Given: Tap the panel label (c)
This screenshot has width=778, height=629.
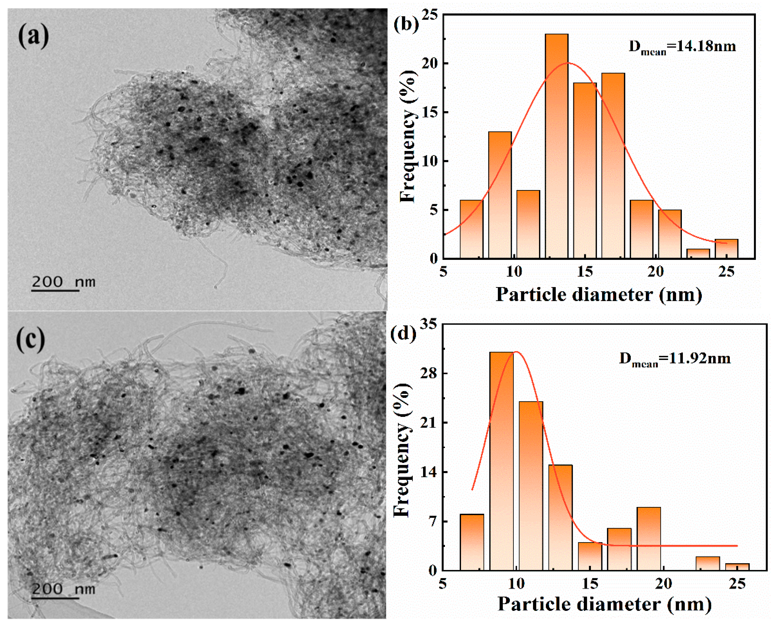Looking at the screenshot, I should pyautogui.click(x=31, y=340).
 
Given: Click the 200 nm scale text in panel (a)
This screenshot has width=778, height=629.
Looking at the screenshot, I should pyautogui.click(x=63, y=281).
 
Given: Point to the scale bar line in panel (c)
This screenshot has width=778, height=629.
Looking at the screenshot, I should pyautogui.click(x=55, y=598).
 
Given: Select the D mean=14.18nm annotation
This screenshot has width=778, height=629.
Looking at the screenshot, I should pyautogui.click(x=682, y=47).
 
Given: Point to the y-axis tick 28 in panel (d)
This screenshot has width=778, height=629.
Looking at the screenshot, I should pyautogui.click(x=428, y=373).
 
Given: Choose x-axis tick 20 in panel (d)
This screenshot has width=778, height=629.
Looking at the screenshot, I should pyautogui.click(x=663, y=583).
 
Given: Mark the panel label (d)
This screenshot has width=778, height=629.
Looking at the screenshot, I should pyautogui.click(x=403, y=333).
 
